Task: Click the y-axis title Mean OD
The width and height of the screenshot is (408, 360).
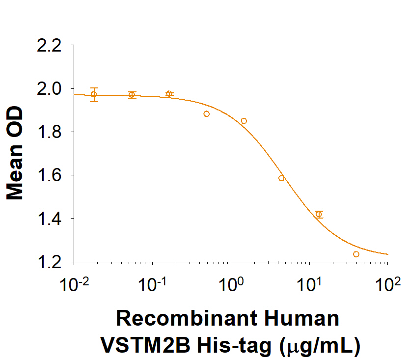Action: point(16,154)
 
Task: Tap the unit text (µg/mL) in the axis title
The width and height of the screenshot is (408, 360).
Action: point(320,346)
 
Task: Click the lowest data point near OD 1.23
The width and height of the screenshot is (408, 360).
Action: point(356,254)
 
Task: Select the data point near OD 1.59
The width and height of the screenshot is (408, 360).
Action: point(281,178)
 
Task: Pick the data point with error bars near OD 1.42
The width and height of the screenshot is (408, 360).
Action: point(319,214)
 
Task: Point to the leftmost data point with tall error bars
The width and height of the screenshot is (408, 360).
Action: point(94,94)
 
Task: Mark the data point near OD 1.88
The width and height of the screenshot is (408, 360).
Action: point(206,114)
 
